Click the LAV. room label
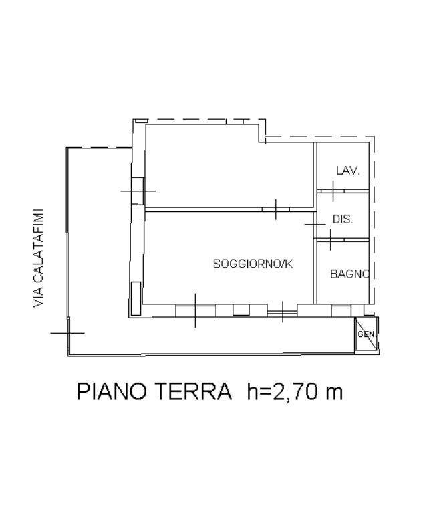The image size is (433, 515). tap(347, 171)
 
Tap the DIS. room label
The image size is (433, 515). tap(342, 219)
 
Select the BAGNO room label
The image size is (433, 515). tap(349, 274)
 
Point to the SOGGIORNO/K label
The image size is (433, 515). tap(253, 264)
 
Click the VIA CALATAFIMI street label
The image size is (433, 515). tap(38, 257)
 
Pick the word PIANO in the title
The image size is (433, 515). tap(116, 391)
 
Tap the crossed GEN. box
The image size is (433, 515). tap(366, 334)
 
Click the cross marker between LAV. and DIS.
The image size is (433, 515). tap(332, 191)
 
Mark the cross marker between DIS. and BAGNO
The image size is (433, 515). tap(331, 239)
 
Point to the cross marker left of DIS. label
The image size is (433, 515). tap(315, 225)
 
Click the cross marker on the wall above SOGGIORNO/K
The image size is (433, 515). tap(275, 209)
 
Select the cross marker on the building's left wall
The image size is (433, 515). tap(138, 191)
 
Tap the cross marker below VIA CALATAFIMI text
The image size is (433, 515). tap(68, 332)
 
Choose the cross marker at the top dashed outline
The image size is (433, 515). tap(265, 140)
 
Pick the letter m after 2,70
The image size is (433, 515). tap(333, 392)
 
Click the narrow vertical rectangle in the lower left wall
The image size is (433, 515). tap(136, 298)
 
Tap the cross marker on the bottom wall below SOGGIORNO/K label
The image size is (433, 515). tap(195, 310)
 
